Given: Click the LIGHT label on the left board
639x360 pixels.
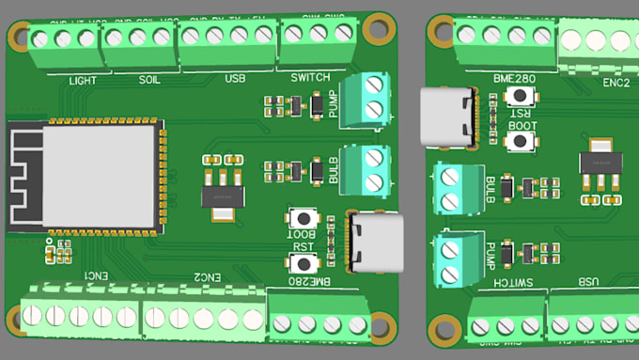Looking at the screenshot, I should click(83, 80).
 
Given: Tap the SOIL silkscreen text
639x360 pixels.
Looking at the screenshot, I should click(148, 80).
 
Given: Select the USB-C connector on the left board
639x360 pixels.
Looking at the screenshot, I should click(374, 242).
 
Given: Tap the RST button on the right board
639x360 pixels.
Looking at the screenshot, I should click(520, 96).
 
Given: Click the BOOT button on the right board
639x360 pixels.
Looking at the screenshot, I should click(520, 141).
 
